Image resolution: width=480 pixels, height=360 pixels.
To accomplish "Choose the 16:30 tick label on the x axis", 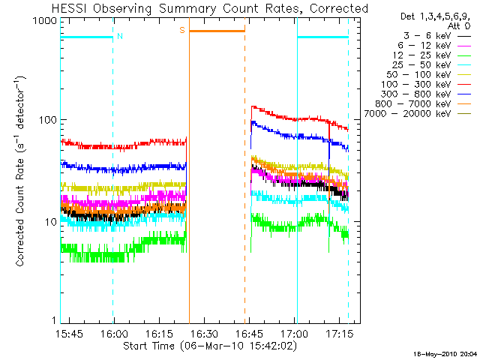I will click(x=203, y=334).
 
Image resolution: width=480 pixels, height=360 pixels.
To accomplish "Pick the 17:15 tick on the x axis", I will click(x=338, y=334).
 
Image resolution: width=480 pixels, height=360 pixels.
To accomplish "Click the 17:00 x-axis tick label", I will click(x=293, y=334).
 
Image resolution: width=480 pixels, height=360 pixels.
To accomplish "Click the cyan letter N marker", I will click(x=119, y=36).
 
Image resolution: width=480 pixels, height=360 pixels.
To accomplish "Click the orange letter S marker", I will click(x=181, y=30).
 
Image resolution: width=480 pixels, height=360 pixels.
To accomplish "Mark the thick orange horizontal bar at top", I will click(x=217, y=31).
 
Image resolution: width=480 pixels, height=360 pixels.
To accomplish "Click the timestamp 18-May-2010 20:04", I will click(x=447, y=352).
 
